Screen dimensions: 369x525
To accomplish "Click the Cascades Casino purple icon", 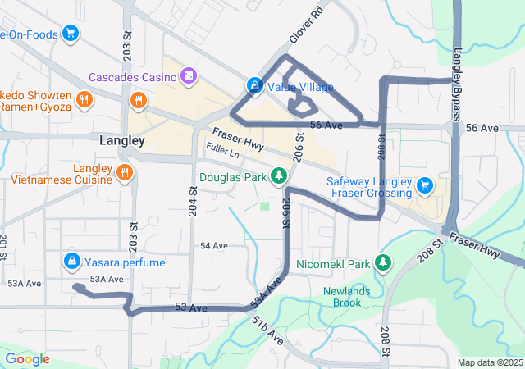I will click(x=189, y=77).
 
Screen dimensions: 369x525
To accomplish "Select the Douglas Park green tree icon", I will click(x=280, y=176).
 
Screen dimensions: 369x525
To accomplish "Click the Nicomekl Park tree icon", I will click(x=381, y=264).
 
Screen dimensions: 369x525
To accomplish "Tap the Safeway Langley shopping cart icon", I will click(x=424, y=185).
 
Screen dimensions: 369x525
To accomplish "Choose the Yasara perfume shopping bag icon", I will click(x=71, y=262).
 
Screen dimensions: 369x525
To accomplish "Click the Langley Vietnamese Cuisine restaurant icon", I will click(x=124, y=172).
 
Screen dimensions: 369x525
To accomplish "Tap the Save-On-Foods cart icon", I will click(x=71, y=34).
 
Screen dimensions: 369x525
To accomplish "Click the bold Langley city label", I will click(x=121, y=141).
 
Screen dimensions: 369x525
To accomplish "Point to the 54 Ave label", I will click(x=213, y=246).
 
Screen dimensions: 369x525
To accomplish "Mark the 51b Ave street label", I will click(x=267, y=330).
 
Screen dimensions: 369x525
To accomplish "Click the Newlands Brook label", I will click(x=346, y=296).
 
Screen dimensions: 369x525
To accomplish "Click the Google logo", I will click(x=27, y=359).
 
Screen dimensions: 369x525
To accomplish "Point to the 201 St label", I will click(x=3, y=244).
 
